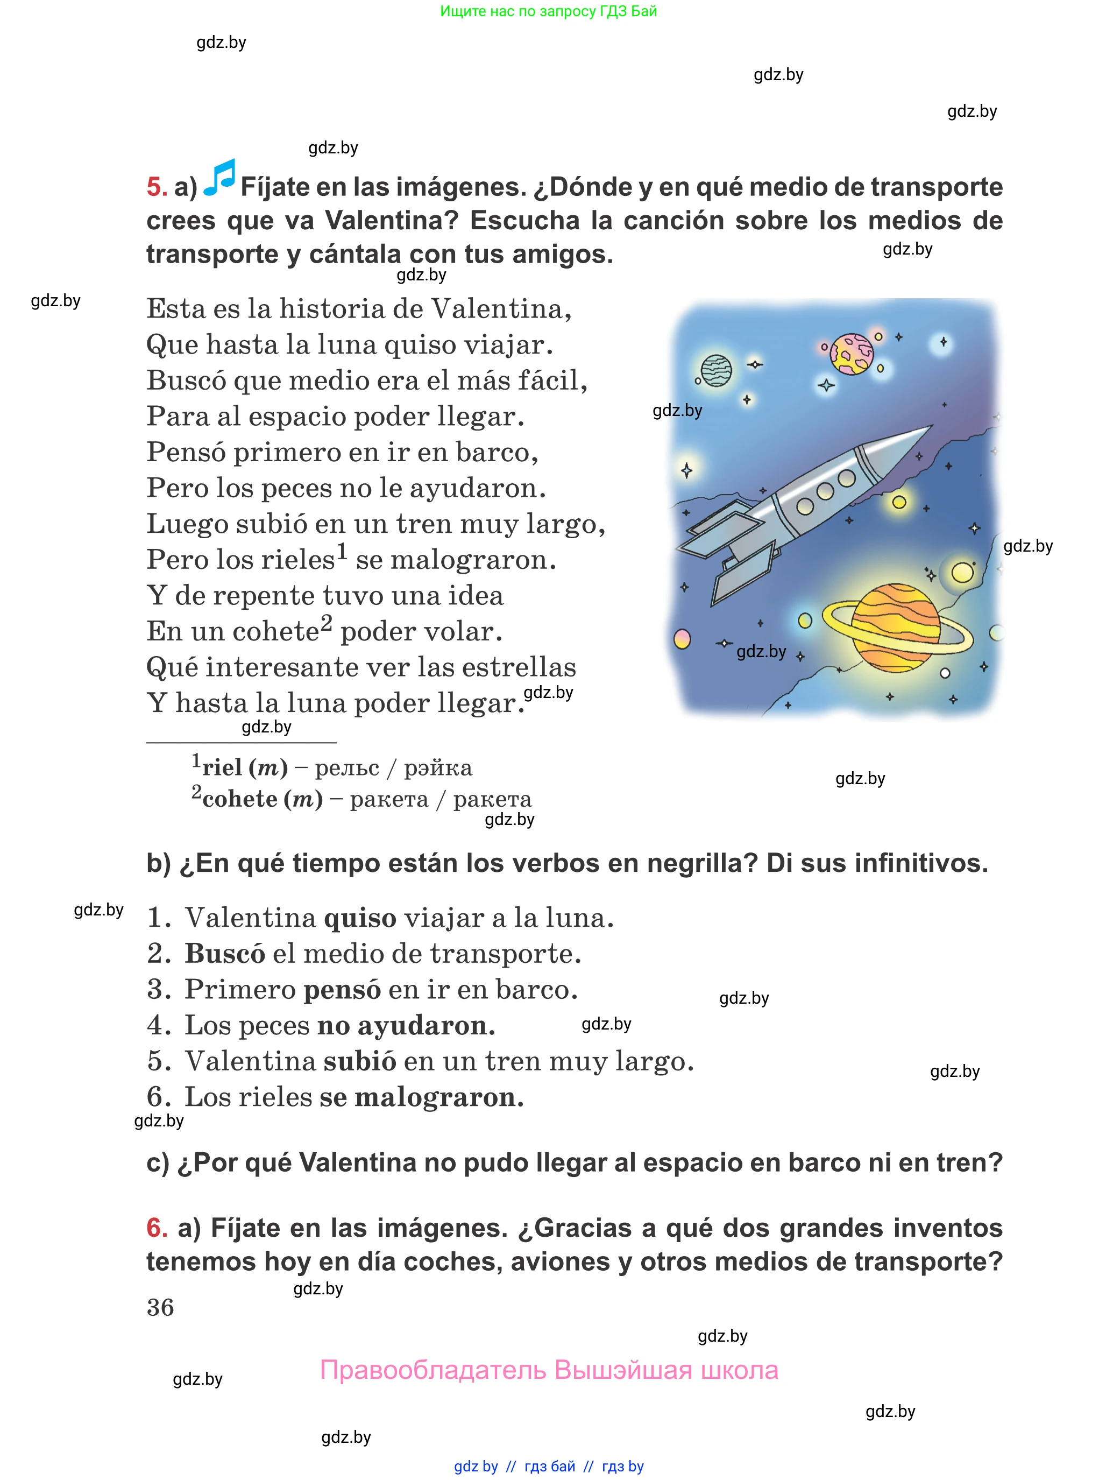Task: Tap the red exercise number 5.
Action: (x=157, y=187)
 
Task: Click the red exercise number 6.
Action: (x=157, y=1228)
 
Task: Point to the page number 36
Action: (x=160, y=1308)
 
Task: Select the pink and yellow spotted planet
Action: (x=852, y=354)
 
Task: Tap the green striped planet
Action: (x=717, y=370)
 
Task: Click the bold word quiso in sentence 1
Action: (x=360, y=918)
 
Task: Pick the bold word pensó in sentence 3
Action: (x=342, y=990)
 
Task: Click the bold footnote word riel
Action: (x=222, y=768)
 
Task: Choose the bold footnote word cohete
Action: (x=239, y=799)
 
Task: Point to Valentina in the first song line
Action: (x=501, y=309)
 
